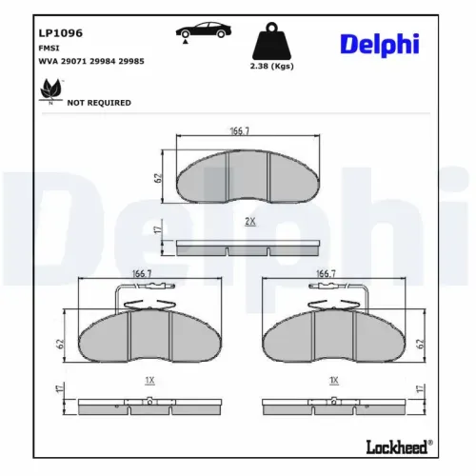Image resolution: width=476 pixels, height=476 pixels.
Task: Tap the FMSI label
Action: (x=49, y=48)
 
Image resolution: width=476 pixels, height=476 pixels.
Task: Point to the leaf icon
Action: (x=47, y=90)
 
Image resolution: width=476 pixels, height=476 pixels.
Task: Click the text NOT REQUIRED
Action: (x=99, y=103)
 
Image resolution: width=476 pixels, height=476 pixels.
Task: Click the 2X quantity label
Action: (x=250, y=221)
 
